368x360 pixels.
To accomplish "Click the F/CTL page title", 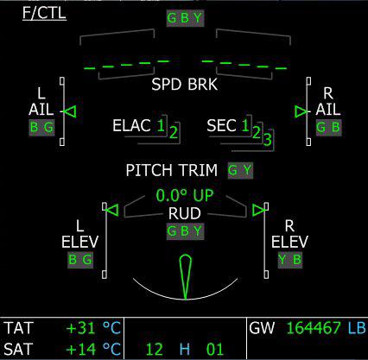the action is point(44,13).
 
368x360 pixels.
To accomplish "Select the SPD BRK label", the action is point(184,85).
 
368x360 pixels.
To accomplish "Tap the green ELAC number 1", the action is point(161,125).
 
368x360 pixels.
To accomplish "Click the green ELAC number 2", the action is point(174,133).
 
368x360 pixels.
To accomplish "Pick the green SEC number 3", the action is point(268,140).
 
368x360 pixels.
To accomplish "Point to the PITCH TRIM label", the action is point(172,170).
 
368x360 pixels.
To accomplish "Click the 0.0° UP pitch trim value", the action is point(185,195).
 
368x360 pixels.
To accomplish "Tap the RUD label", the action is point(185,213).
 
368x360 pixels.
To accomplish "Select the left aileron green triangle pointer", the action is point(70,111).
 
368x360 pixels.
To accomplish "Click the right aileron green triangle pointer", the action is point(301,111).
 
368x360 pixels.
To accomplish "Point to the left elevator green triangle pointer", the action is point(112,210).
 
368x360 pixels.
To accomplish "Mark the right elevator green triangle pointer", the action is point(258,210).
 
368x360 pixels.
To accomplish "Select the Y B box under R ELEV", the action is point(290,260).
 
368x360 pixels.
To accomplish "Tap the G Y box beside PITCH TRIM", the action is point(240,170).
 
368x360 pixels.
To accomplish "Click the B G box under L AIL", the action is point(41,128).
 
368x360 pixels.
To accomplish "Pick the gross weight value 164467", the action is point(314,328).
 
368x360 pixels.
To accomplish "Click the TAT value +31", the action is point(81,328).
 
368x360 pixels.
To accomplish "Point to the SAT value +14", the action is point(81,349).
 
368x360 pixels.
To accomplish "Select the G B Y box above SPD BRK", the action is point(185,18).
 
